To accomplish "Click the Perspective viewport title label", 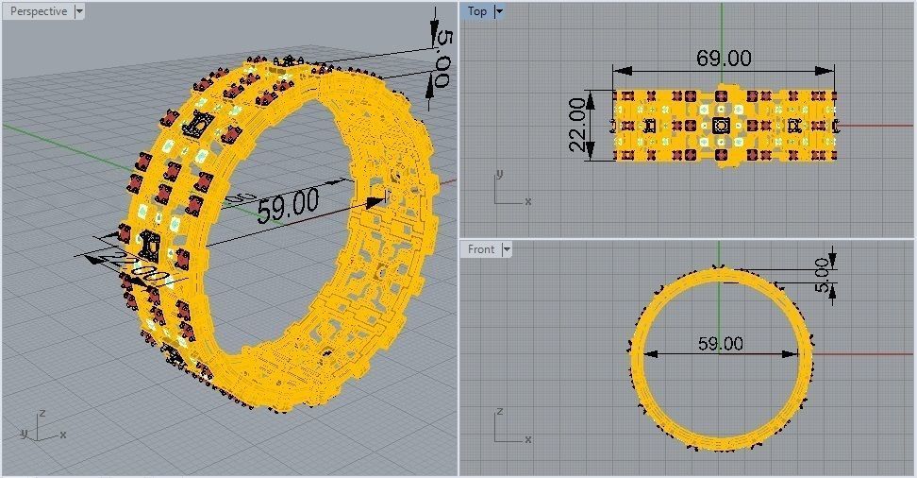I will pos(38,11).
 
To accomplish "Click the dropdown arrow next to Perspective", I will pos(78,11).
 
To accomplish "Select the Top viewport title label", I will pos(477,11).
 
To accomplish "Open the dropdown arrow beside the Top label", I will pos(499,11).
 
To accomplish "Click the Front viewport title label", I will pos(481,249).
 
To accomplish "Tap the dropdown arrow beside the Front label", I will pos(507,249).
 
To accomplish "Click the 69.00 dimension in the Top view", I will pos(724,59).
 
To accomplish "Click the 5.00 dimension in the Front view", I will pos(823,274).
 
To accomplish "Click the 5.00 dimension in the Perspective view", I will pos(443,60).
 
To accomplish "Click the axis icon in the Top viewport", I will pos(508,189).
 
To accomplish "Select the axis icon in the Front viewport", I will pos(508,427).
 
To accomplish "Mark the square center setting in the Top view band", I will pos(722,125).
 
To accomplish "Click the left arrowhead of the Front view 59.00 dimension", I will pos(652,354).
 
